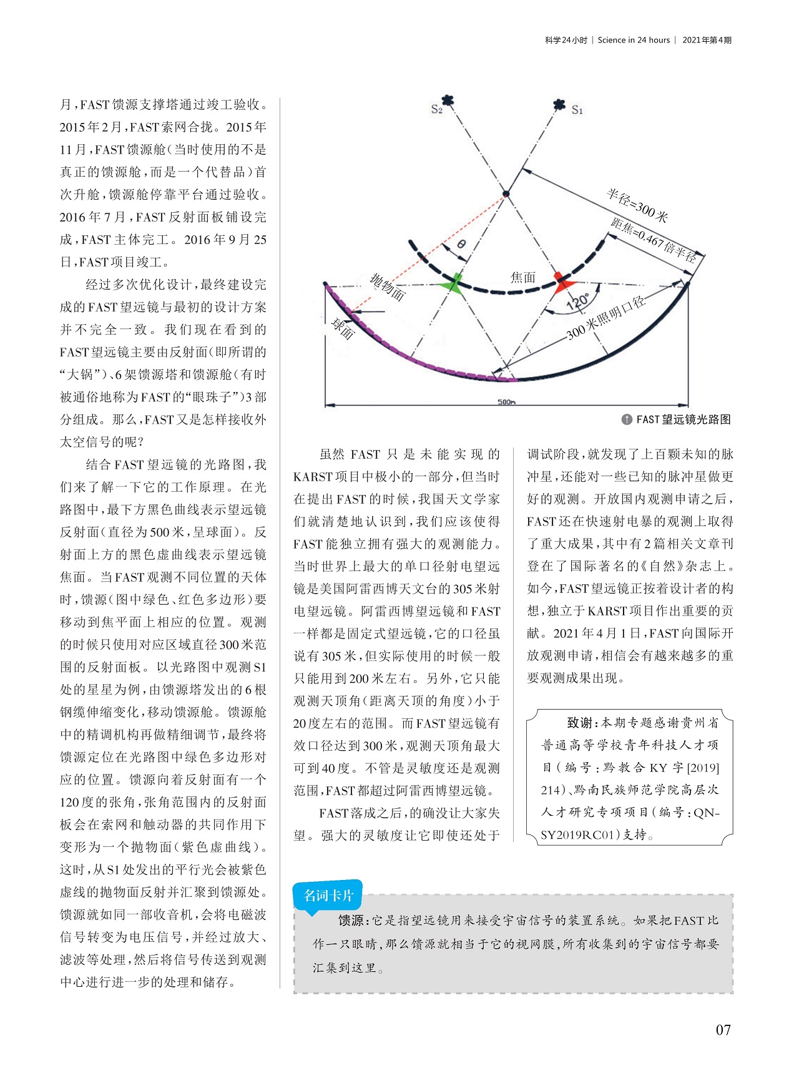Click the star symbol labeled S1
tap(559, 105)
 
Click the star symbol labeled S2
tap(448, 100)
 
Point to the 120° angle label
tap(577, 302)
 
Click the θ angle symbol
tap(461, 244)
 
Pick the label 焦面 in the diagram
tap(522, 277)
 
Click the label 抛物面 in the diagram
tap(388, 287)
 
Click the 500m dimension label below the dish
tap(506, 402)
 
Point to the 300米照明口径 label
tap(605, 319)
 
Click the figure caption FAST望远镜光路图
tap(683, 419)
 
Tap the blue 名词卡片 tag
tap(328, 896)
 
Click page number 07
tap(723, 1030)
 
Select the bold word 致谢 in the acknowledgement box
tap(579, 723)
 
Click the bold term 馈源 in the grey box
tap(351, 920)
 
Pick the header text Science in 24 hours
tap(634, 40)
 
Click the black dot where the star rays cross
tap(506, 194)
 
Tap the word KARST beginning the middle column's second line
tap(313, 477)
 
